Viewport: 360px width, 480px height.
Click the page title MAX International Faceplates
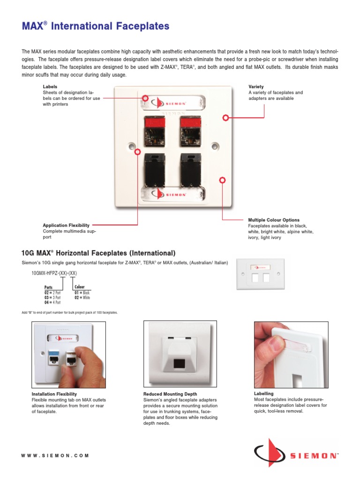point(96,27)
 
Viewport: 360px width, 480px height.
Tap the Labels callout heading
point(50,87)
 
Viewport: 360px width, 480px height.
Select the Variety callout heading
point(256,87)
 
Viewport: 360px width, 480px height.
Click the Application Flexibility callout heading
point(66,225)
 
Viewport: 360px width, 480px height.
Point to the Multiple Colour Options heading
point(274,220)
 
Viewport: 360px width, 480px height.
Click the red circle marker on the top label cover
point(145,98)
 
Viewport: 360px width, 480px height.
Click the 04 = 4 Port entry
point(52,303)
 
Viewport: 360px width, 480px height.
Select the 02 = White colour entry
point(82,298)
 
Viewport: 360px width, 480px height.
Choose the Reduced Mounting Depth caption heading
point(170,394)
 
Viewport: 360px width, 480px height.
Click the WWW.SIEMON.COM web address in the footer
point(55,455)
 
